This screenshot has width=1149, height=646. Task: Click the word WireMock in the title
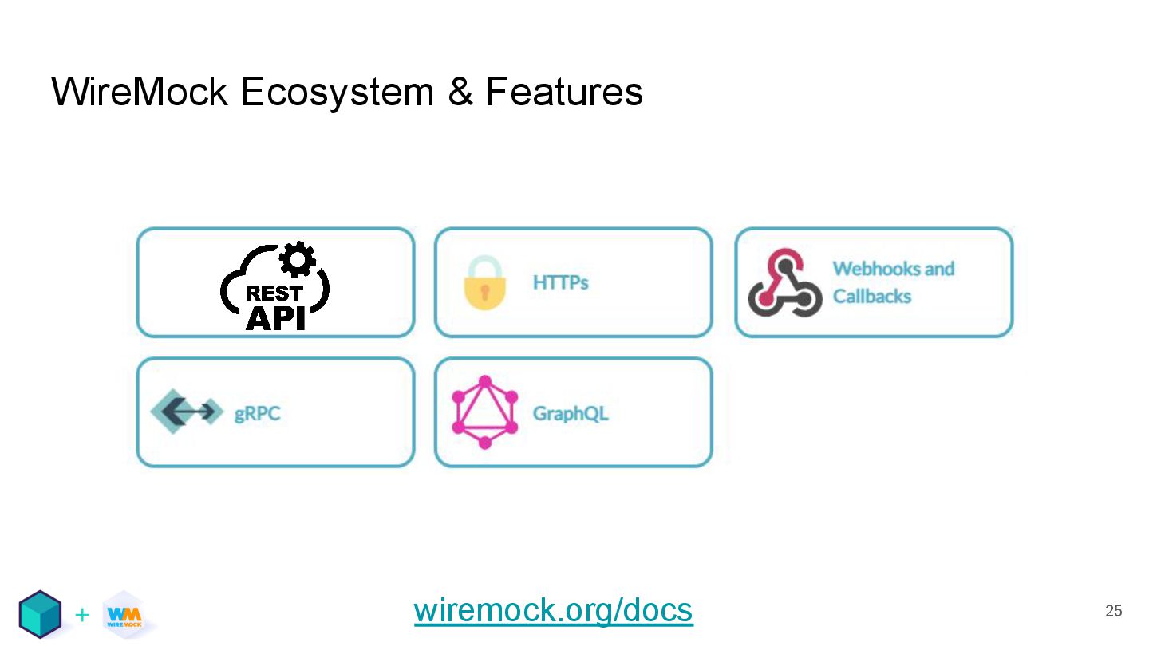click(139, 92)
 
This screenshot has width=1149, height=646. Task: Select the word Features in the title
click(564, 92)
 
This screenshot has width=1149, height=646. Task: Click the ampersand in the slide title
click(460, 92)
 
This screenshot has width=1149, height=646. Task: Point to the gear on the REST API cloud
click(298, 258)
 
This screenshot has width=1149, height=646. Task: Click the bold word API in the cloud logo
click(275, 317)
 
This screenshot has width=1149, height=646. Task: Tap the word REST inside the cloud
click(274, 293)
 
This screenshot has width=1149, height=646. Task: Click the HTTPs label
click(560, 282)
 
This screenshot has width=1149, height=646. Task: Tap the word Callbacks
click(871, 297)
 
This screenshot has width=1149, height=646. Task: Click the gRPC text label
click(257, 414)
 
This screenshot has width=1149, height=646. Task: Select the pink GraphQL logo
click(484, 412)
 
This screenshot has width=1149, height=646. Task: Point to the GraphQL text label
click(570, 414)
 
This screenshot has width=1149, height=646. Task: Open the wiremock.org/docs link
click(553, 611)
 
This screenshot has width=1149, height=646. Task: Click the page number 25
click(1113, 611)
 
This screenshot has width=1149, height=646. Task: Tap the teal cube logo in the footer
click(40, 613)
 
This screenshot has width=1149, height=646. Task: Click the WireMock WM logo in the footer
click(124, 614)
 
